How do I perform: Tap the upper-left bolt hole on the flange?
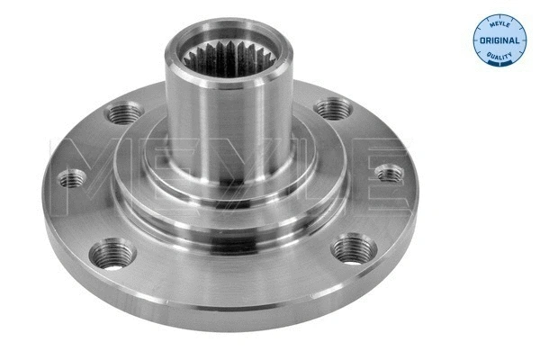click(x=124, y=113)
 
